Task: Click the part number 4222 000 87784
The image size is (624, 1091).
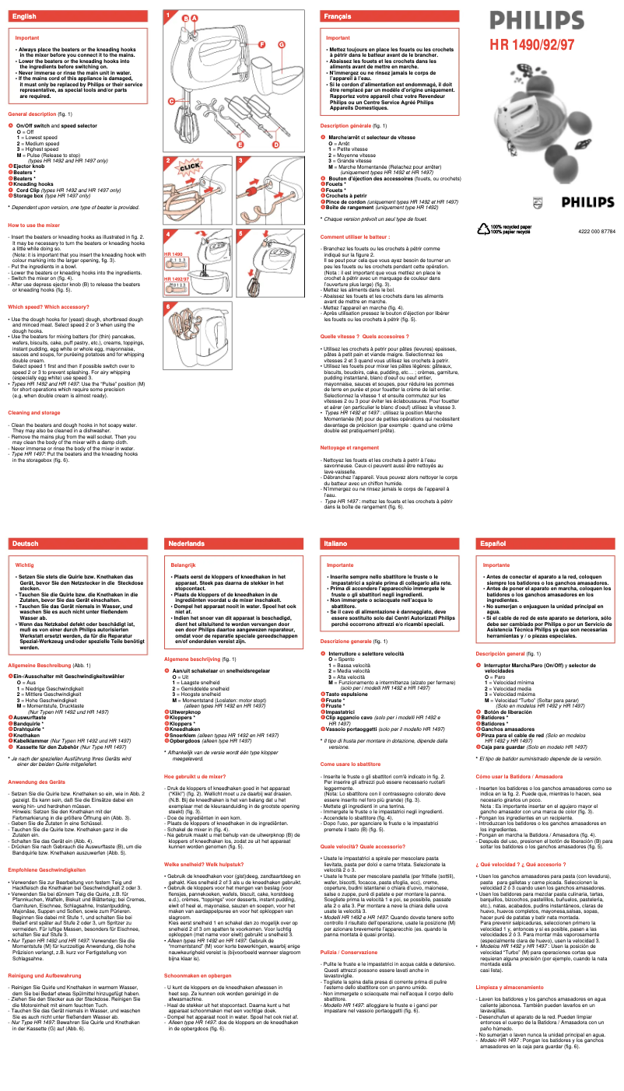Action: pos(597,231)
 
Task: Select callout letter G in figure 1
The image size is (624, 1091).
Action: pos(280,44)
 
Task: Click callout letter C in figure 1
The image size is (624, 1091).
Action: pos(170,101)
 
